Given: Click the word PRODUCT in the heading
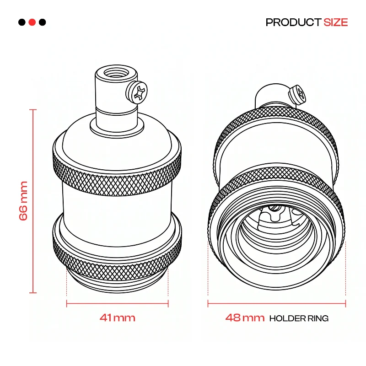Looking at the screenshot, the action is pos(293,22).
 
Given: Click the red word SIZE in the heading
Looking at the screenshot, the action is pos(336,22).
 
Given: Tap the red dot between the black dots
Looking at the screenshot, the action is pos(32,22).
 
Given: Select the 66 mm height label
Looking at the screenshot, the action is pos(23,201).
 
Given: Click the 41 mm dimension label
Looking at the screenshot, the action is pos(118,318).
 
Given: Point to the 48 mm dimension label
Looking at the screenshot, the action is pos(245,318).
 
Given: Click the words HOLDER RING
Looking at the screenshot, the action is pos(299,318).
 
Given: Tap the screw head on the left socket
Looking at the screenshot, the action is pos(137,92).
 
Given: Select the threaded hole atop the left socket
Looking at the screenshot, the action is pos(116,73).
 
